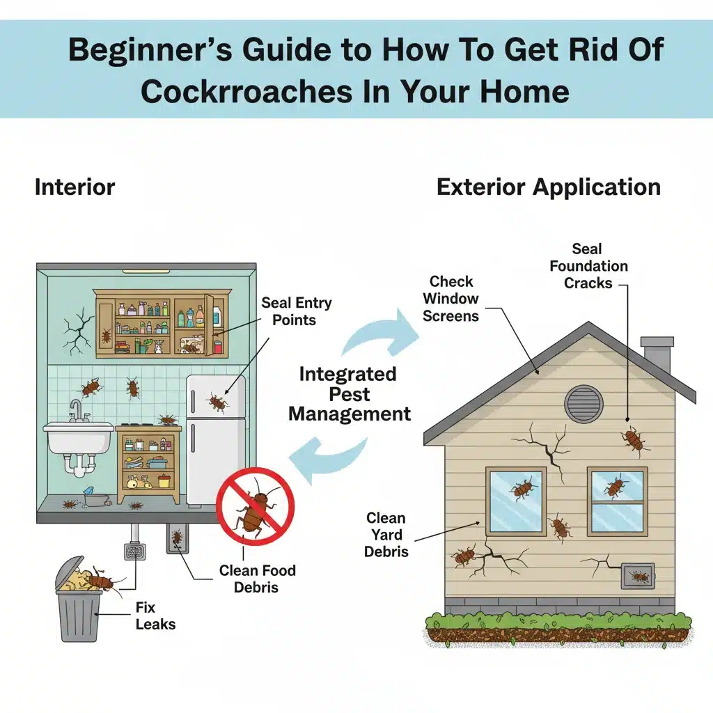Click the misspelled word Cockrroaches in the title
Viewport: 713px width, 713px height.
246,91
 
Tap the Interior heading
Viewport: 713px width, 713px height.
75,187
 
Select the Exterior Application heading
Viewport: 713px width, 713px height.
549,187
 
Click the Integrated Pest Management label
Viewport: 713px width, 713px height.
350,394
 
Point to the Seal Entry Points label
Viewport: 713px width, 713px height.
296,311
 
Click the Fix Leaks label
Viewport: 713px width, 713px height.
155,616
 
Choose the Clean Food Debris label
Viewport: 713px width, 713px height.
257,579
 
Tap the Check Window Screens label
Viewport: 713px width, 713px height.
450,299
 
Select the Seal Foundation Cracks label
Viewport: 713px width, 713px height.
588,266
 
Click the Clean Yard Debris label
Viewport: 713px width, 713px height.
386,535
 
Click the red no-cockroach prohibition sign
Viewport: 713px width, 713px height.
255,507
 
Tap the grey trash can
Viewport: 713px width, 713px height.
78,600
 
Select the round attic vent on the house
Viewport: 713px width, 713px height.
584,404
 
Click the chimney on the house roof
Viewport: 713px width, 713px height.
657,354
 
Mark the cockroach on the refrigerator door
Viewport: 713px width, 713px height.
217,402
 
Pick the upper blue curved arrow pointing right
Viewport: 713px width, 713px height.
380,334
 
